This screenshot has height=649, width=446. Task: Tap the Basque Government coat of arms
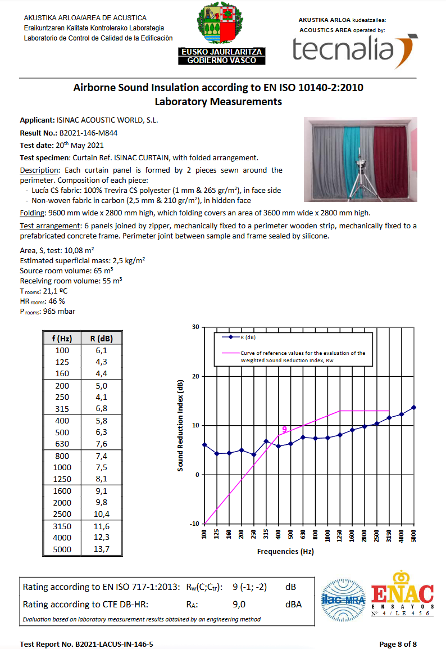pos(219,24)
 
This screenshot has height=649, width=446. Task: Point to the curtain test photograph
pos(360,159)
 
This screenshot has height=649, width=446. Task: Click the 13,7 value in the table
pos(101,549)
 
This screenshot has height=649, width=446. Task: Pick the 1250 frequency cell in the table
pos(62,479)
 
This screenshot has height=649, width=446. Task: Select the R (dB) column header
pos(101,339)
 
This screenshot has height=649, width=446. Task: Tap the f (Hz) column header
pos(62,339)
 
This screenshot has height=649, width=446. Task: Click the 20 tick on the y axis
pos(195,376)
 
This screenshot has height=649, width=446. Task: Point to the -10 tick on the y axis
pos(194,524)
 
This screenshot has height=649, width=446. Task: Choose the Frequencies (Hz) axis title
pos(285,552)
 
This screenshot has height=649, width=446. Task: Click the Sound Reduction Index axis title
pos(180,425)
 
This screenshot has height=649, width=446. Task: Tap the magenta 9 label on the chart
pos(284,430)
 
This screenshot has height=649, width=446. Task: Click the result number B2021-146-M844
pos(88,133)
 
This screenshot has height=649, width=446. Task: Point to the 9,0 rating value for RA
pos(241,604)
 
